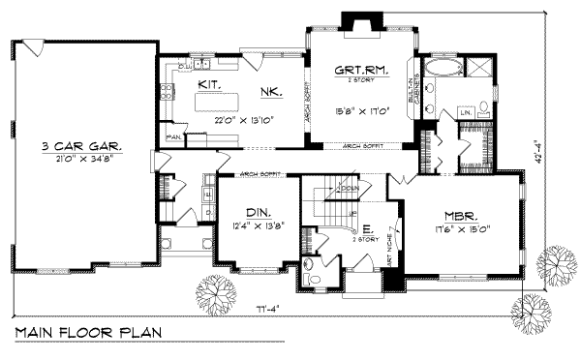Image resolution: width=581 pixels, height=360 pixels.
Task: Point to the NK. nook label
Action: [x=270, y=93]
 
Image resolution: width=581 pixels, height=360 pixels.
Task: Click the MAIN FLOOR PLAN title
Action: [x=88, y=333]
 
